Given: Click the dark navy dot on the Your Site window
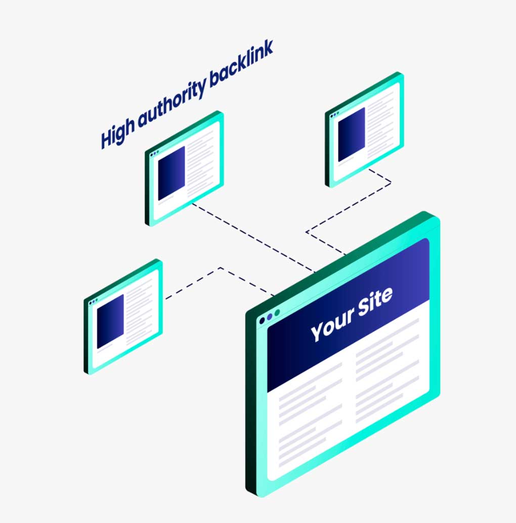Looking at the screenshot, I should click(262, 321).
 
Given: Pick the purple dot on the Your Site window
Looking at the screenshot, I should click(270, 317).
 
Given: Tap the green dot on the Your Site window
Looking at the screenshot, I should click(277, 313).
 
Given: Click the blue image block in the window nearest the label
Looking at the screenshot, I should click(171, 173).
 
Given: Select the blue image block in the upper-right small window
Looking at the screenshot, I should click(351, 134).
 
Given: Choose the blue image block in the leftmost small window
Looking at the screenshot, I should click(110, 321).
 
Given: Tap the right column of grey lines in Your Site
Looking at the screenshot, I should click(387, 365).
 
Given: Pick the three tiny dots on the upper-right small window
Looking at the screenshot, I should click(334, 115).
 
